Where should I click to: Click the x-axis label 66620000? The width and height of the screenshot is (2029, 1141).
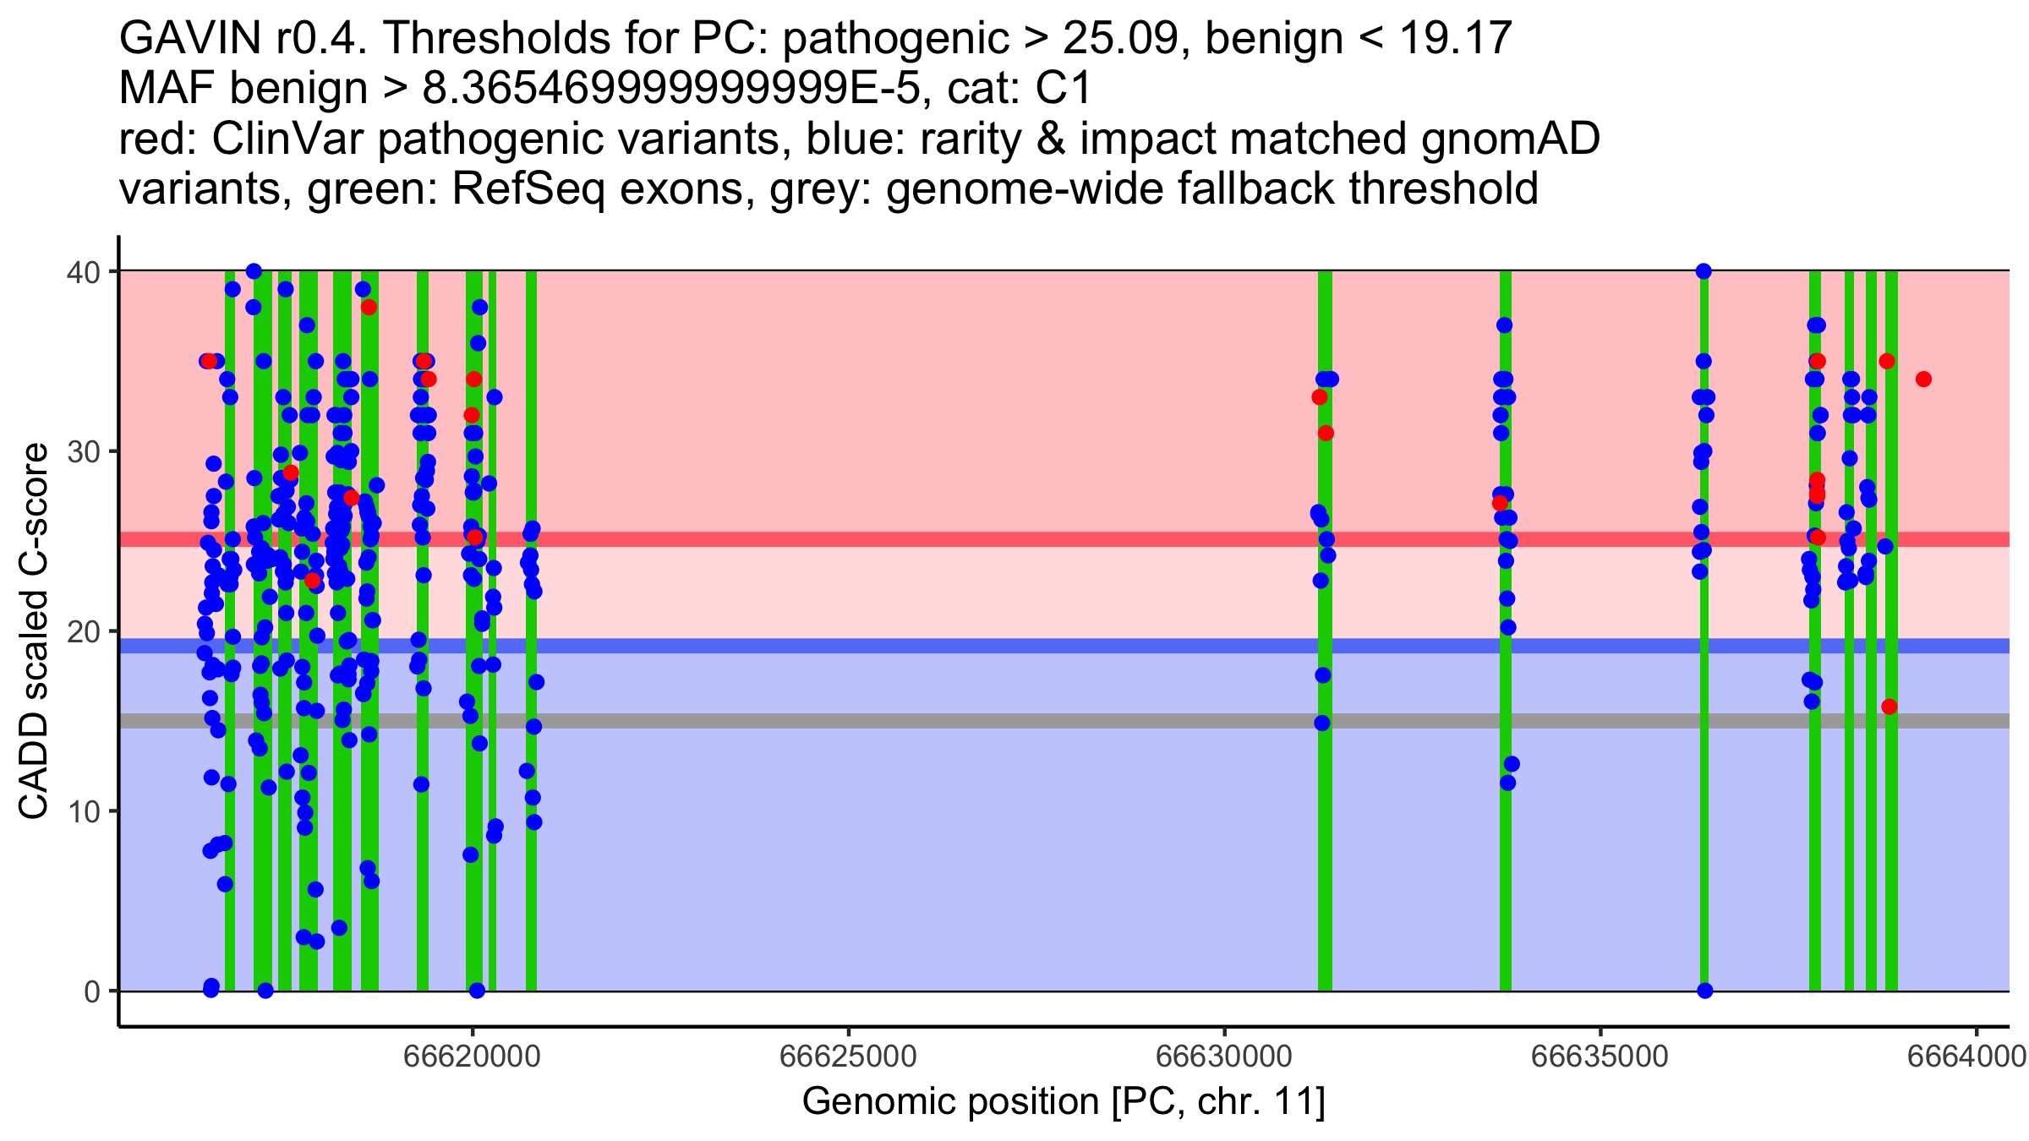[x=473, y=1057]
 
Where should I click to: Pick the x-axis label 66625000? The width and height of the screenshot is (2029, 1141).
[x=848, y=1057]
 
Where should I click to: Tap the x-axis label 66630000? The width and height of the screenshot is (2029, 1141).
[x=1224, y=1057]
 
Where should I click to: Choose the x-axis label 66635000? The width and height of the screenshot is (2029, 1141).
[x=1600, y=1057]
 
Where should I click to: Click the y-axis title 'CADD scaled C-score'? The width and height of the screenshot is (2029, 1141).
[x=34, y=632]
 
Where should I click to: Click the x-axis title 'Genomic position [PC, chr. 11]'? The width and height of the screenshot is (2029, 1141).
[x=1064, y=1102]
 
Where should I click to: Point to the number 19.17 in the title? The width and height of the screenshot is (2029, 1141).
[x=1454, y=39]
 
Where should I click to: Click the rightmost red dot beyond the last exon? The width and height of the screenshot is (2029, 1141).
[x=1923, y=379]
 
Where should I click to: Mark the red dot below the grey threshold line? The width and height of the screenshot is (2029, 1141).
[x=1889, y=707]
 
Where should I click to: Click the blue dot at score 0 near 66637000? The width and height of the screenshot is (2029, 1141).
[x=1704, y=991]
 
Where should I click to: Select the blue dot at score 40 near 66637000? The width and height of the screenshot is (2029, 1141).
[x=1704, y=271]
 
